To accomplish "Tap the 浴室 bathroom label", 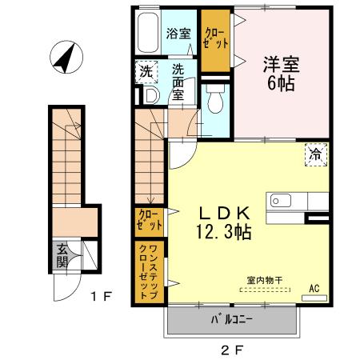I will pos(177,34).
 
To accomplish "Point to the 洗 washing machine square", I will pos(146,71).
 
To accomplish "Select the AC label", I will pos(314,289).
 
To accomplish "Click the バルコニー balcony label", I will pos(232,321).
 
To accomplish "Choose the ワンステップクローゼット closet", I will pos(150,271).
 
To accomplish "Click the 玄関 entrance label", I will pos(63,255).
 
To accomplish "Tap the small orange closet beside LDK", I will pos(150,220).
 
